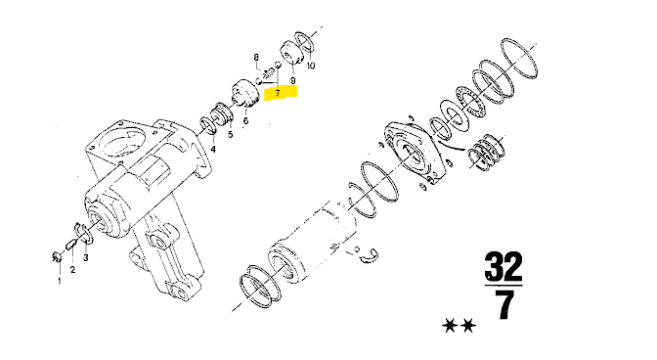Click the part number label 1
click(59, 281)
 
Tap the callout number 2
click(73, 269)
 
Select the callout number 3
click(85, 257)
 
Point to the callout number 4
click(213, 149)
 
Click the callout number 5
click(230, 135)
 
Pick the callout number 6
click(245, 120)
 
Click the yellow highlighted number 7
click(278, 93)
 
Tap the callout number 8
click(256, 58)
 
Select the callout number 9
click(292, 80)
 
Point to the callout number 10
click(311, 66)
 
